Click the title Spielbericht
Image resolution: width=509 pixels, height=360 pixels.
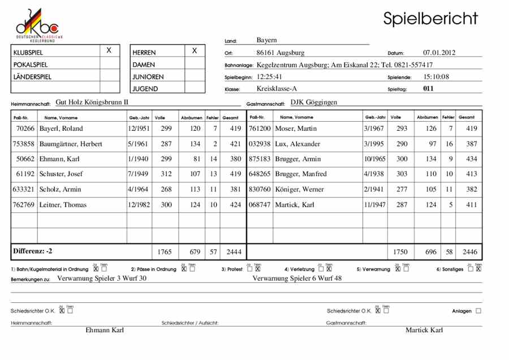(x=430, y=18)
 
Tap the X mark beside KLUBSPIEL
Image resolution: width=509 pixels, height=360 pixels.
(x=109, y=51)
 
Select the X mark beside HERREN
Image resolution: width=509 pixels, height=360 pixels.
(x=195, y=51)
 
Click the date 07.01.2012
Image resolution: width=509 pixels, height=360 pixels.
(x=439, y=53)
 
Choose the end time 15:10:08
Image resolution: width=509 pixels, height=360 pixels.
(x=436, y=76)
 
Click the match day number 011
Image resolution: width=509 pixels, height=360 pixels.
(x=428, y=88)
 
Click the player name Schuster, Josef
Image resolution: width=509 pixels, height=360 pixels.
(x=61, y=174)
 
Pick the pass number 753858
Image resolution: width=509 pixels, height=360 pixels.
(x=24, y=144)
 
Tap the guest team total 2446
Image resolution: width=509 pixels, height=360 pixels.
(x=469, y=251)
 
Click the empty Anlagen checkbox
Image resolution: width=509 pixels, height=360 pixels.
(x=478, y=311)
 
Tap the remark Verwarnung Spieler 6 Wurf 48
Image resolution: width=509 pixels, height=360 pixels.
(x=297, y=278)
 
